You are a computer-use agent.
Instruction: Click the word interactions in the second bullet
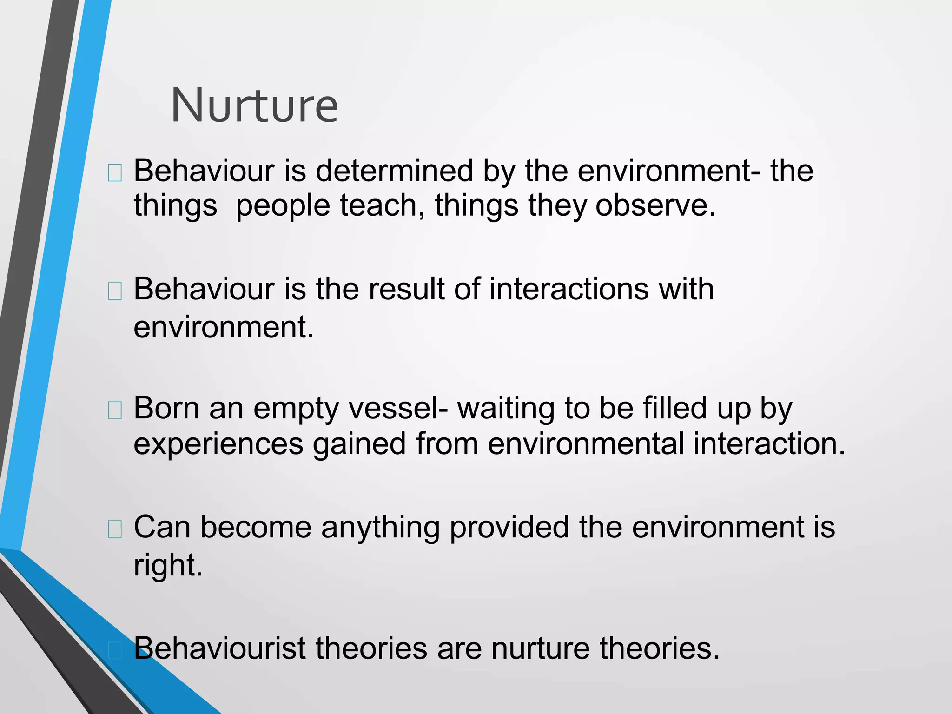[569, 289]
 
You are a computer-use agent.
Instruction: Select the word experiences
[218, 444]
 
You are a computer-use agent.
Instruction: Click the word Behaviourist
[220, 648]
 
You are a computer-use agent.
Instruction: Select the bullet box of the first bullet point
[115, 173]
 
